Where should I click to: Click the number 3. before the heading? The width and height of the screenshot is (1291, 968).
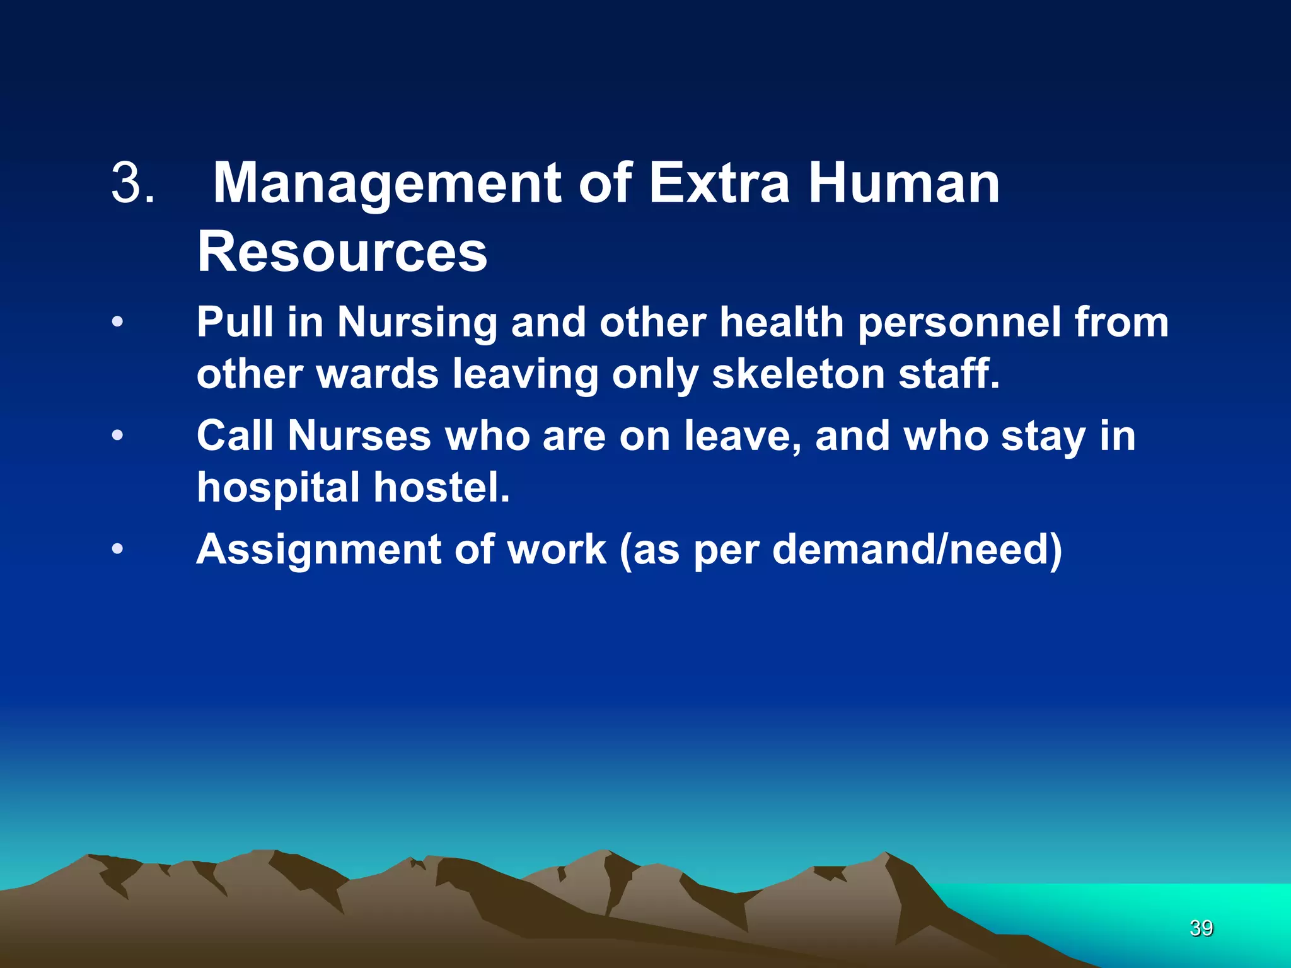tap(132, 184)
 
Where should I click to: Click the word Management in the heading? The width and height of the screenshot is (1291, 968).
tap(387, 184)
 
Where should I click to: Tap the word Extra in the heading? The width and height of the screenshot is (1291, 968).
tap(719, 184)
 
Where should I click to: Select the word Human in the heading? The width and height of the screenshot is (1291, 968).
tap(904, 184)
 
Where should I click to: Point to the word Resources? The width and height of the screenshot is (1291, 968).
tap(342, 252)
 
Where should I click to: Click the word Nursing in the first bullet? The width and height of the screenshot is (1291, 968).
tap(417, 323)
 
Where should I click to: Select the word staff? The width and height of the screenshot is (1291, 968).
tap(949, 374)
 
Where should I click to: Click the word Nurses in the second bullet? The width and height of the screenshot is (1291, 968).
tap(359, 436)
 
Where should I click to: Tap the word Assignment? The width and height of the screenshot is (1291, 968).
tap(318, 550)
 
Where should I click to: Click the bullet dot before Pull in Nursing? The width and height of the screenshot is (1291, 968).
tap(117, 322)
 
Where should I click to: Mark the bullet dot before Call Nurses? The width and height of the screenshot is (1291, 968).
tap(117, 435)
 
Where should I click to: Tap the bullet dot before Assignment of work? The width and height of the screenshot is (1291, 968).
tap(117, 549)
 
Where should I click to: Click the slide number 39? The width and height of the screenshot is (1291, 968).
tap(1201, 928)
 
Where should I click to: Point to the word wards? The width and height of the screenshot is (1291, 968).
tap(377, 374)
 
